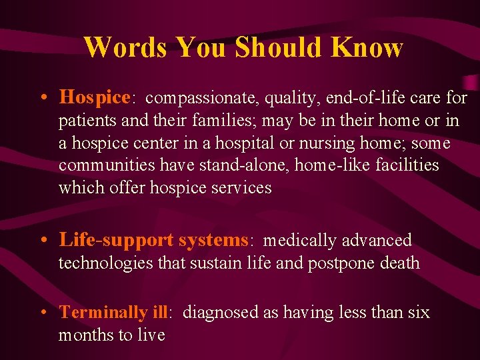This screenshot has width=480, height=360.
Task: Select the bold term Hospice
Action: [x=94, y=98]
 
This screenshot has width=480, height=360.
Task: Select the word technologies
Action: [x=106, y=263]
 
